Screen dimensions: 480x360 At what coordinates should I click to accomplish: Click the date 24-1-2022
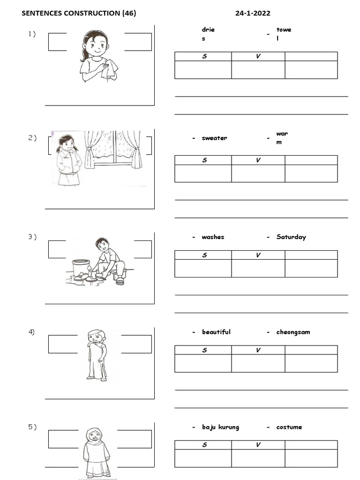pos(252,14)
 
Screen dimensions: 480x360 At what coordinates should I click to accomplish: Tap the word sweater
pos(214,138)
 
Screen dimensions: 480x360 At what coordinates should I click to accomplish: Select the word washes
pos(213,237)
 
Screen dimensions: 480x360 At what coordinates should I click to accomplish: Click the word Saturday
pos(291,237)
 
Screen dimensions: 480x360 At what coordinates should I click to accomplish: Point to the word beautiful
pos(216,332)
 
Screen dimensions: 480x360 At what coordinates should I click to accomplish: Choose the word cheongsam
pos(293,332)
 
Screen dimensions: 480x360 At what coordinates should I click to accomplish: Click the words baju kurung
pos(220,427)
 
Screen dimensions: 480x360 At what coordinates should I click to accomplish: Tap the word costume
pos(289,427)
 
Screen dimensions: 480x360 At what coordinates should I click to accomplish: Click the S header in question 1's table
pos(204,57)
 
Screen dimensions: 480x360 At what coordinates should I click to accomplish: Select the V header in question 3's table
pos(258,255)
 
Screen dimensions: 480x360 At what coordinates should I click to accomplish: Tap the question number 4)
pos(32,332)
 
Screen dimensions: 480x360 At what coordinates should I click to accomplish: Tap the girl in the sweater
pos(66,159)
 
